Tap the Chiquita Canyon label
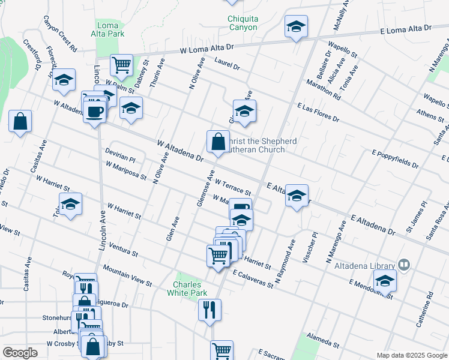[x=243, y=23]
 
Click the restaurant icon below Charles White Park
[x=209, y=310]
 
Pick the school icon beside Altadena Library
[x=384, y=280]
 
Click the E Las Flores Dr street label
[x=318, y=112]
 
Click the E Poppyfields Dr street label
[x=396, y=160]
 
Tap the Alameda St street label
[x=323, y=342]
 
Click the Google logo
[x=20, y=352]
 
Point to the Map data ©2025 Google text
[x=411, y=355]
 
